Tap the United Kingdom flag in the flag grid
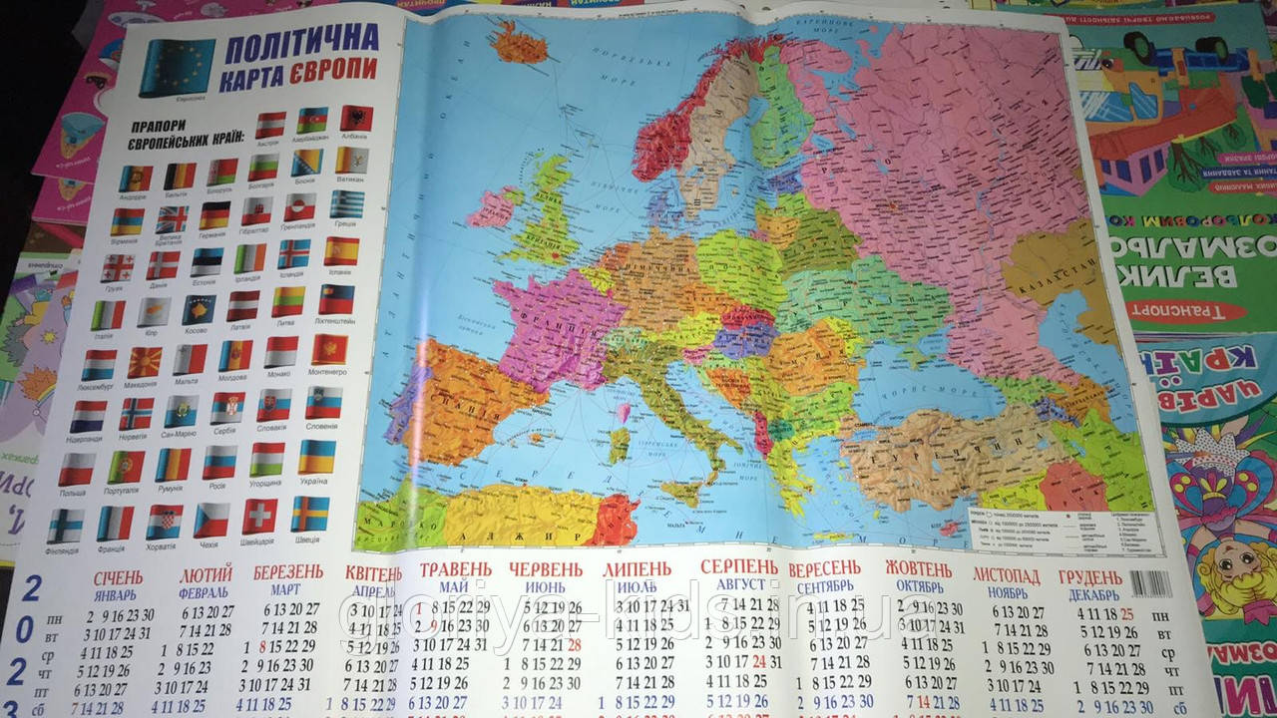tap(172, 218)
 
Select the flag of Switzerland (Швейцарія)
tap(260, 516)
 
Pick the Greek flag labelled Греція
tap(346, 204)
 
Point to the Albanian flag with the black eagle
tap(356, 119)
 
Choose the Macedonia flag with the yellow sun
tap(144, 361)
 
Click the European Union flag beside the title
tap(177, 67)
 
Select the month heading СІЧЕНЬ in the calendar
tap(118, 578)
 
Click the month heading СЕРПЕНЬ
tap(739, 567)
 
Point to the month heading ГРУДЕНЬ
tap(1090, 577)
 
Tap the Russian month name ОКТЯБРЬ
tap(919, 585)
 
